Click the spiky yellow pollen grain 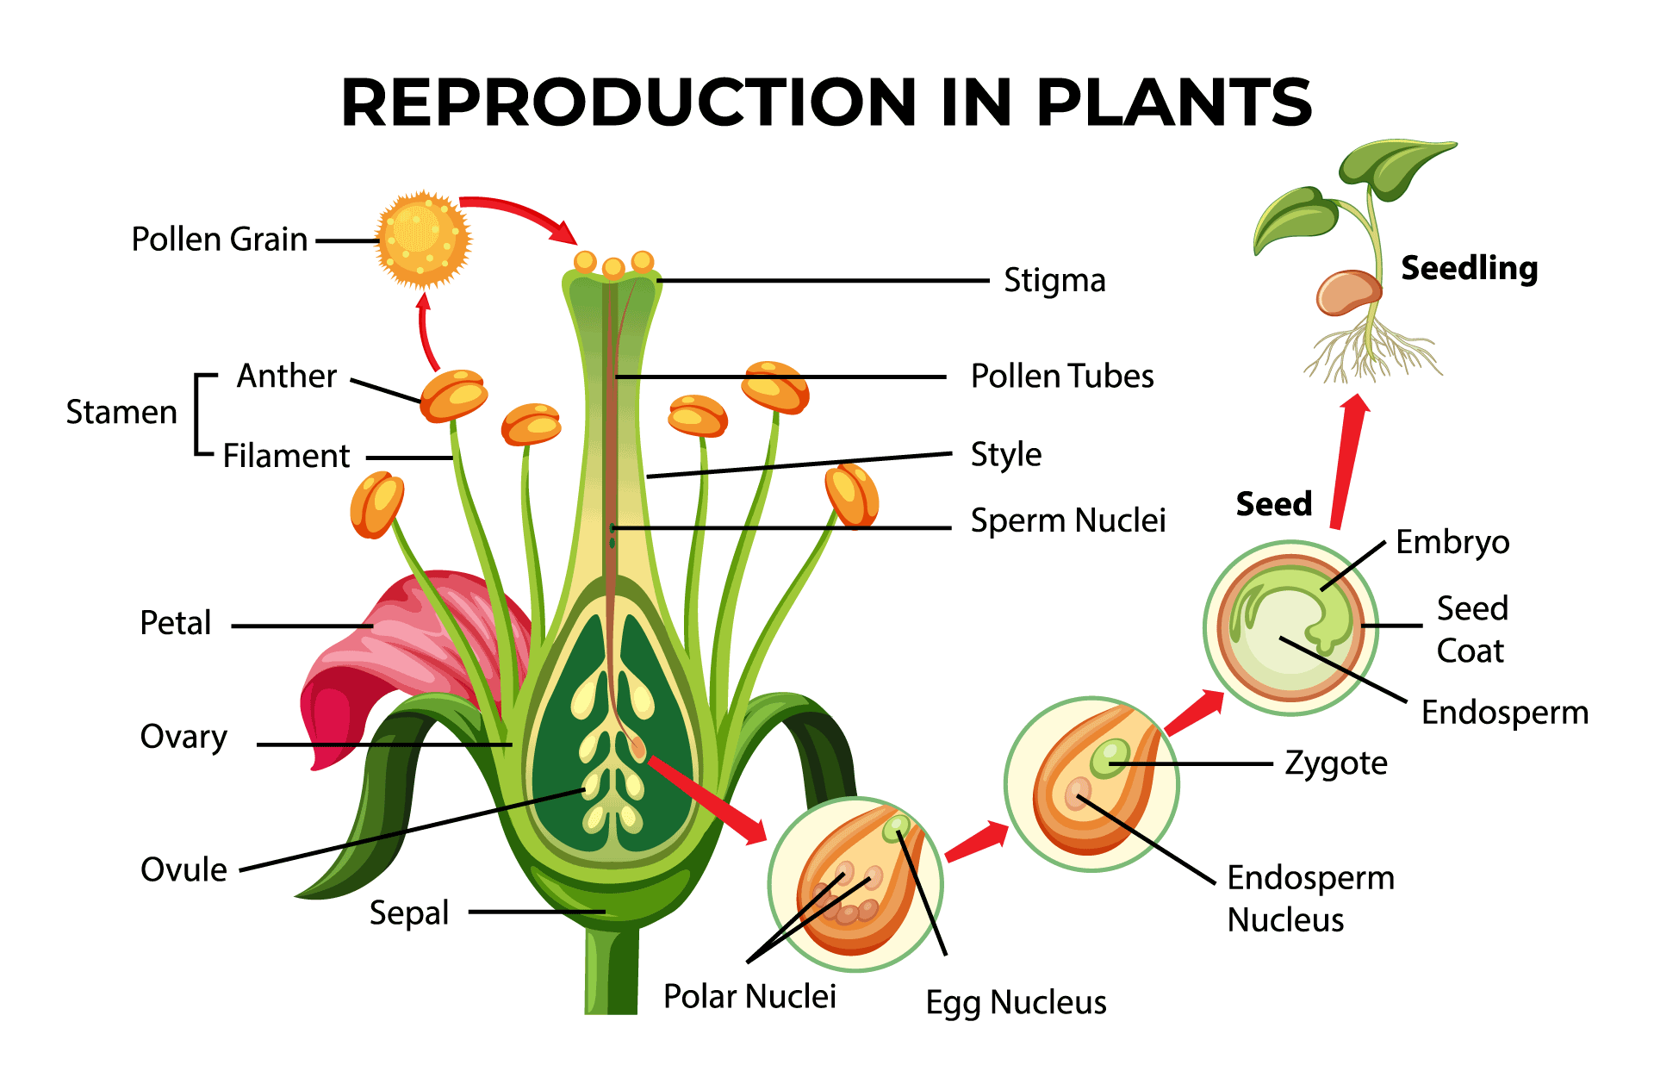pyautogui.click(x=423, y=239)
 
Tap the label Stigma pyautogui.click(x=1054, y=281)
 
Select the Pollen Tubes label pyautogui.click(x=1061, y=377)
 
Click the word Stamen pyautogui.click(x=121, y=413)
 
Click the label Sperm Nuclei pyautogui.click(x=1067, y=520)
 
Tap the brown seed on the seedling pyautogui.click(x=1346, y=293)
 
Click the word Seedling pyautogui.click(x=1469, y=268)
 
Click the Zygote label pyautogui.click(x=1335, y=763)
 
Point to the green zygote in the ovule pyautogui.click(x=1110, y=757)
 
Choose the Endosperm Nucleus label pyautogui.click(x=1309, y=899)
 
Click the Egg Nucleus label pyautogui.click(x=1016, y=1003)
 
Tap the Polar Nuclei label pyautogui.click(x=749, y=997)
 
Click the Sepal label pyautogui.click(x=409, y=912)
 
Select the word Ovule pyautogui.click(x=183, y=869)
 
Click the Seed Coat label pyautogui.click(x=1471, y=630)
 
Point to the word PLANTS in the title pyautogui.click(x=1173, y=103)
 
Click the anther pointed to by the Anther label pyautogui.click(x=454, y=395)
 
